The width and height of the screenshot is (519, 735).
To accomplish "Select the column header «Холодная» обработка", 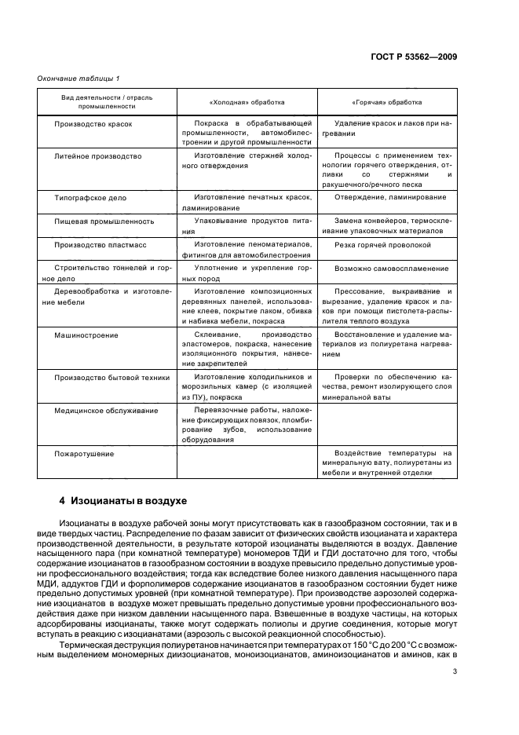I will pos(247,102).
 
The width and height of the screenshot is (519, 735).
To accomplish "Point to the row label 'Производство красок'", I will pos(93,124).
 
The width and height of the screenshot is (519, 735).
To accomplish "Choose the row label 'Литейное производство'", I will pos(97,156).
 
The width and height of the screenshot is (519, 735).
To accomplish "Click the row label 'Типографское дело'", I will pos(90,198).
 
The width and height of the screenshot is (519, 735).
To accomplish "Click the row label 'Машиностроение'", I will pos(86,335).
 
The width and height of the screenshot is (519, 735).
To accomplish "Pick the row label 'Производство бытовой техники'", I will pos(111,378).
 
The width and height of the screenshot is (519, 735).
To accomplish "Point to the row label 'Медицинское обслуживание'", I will pos(106,411).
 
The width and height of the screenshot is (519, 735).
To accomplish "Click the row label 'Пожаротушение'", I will pos(84,454).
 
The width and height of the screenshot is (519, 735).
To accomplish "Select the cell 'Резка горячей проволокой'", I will pos(382,245).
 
